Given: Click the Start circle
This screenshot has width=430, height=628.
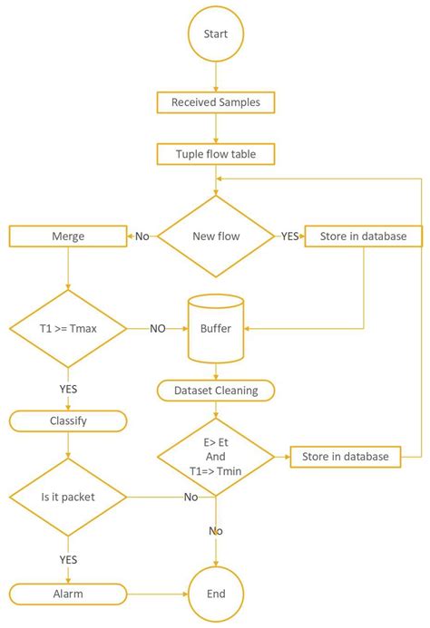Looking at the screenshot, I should (216, 34).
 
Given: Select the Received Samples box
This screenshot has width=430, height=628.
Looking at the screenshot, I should (216, 102).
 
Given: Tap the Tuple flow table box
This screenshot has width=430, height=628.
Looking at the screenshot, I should (216, 154).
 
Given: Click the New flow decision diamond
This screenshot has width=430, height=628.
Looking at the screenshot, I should (216, 237).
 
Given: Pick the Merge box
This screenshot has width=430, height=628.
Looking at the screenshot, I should (68, 237).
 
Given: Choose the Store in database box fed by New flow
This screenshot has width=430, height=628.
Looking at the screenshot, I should (363, 237).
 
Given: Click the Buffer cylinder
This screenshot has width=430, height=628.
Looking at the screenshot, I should (216, 326).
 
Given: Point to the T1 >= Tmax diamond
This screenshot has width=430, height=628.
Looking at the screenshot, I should (68, 327).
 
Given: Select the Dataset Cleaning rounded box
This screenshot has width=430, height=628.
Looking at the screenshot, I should (216, 391).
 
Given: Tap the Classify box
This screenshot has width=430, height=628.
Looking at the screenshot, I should (68, 420).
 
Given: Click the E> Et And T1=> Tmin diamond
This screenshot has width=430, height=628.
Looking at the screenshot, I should (216, 456).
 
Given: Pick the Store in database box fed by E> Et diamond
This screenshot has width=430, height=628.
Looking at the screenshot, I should (345, 456).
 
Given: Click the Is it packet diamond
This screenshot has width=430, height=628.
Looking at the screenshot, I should (68, 496).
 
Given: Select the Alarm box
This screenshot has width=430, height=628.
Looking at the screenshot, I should (68, 594).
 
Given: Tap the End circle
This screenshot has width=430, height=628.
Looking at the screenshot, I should (216, 594).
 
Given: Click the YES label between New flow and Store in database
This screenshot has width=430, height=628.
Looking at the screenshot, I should (289, 237).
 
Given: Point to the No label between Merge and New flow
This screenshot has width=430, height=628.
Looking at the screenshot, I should (142, 237).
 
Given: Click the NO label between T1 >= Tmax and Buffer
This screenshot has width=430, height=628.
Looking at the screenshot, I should (158, 328).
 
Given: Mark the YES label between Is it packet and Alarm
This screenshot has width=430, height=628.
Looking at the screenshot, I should (68, 559).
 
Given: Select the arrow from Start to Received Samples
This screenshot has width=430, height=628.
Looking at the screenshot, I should (216, 77).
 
